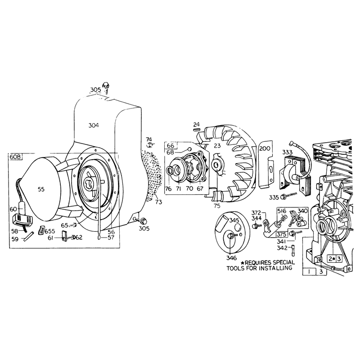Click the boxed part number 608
pos(15,157)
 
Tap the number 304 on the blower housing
pos(94,126)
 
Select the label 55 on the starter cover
pos(41,189)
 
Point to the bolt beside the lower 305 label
pos(142,221)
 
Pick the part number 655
pos(50,231)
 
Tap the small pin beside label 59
pos(29,236)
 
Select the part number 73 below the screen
pos(158,202)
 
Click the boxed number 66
pos(171,145)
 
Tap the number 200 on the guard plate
pos(265,149)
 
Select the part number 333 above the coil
pos(287,152)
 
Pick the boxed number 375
pos(281,234)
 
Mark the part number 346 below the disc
pos(231,258)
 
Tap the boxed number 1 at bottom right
pos(309,272)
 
